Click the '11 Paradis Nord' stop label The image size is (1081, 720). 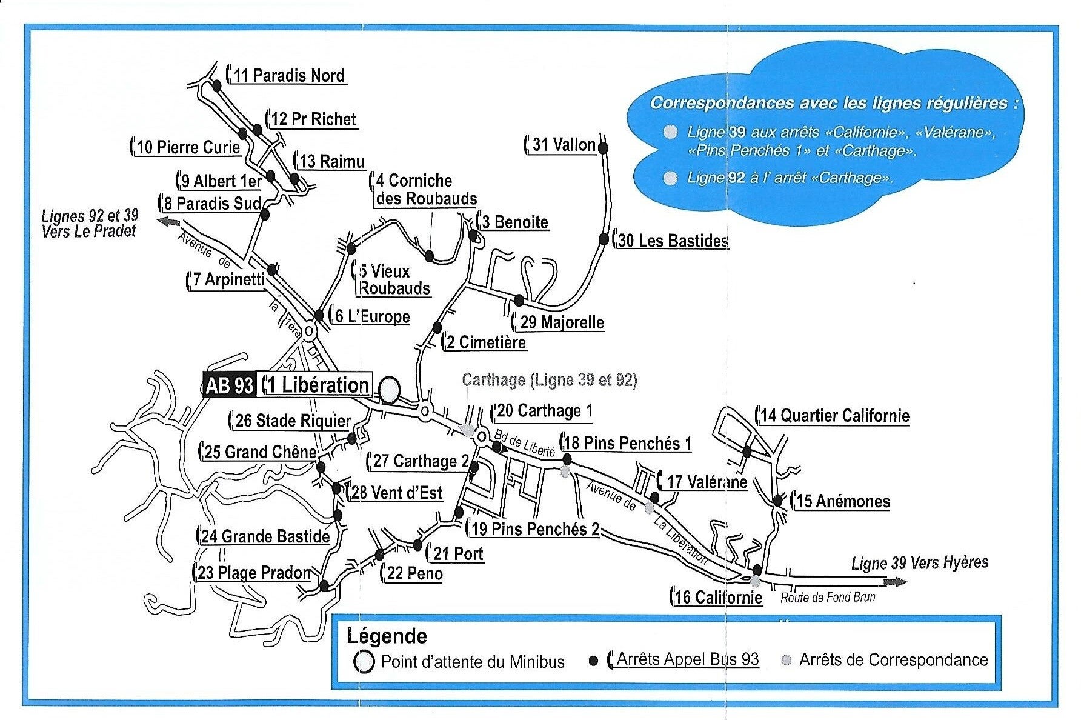tap(288, 76)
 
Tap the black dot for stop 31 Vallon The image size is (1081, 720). tap(603, 147)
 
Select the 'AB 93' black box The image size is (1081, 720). tap(230, 385)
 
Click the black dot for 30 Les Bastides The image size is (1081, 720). tap(604, 239)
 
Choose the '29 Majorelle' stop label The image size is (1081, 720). tap(562, 322)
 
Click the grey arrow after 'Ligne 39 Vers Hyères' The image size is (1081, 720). tap(896, 582)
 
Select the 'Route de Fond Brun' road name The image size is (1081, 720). tap(828, 598)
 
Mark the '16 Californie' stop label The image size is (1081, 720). tap(718, 598)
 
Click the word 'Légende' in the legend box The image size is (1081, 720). tap(387, 636)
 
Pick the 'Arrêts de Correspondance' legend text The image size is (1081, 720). tap(893, 660)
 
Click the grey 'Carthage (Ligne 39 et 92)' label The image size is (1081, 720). tap(549, 381)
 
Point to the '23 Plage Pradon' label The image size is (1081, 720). tap(254, 573)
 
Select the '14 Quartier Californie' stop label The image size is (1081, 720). tap(835, 416)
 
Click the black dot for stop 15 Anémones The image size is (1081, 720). tap(777, 501)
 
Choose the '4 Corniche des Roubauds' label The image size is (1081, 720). tap(426, 190)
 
